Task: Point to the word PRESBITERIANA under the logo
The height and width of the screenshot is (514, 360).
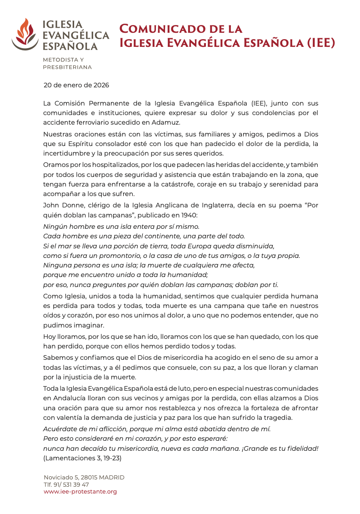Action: click(67, 67)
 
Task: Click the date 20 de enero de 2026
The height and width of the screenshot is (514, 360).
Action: click(76, 85)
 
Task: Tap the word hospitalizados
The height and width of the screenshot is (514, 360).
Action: click(100, 165)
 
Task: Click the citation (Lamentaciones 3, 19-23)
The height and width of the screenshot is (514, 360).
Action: click(82, 458)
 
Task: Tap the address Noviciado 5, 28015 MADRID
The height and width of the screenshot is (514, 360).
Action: click(84, 477)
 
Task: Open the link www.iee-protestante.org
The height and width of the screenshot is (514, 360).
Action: click(80, 492)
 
